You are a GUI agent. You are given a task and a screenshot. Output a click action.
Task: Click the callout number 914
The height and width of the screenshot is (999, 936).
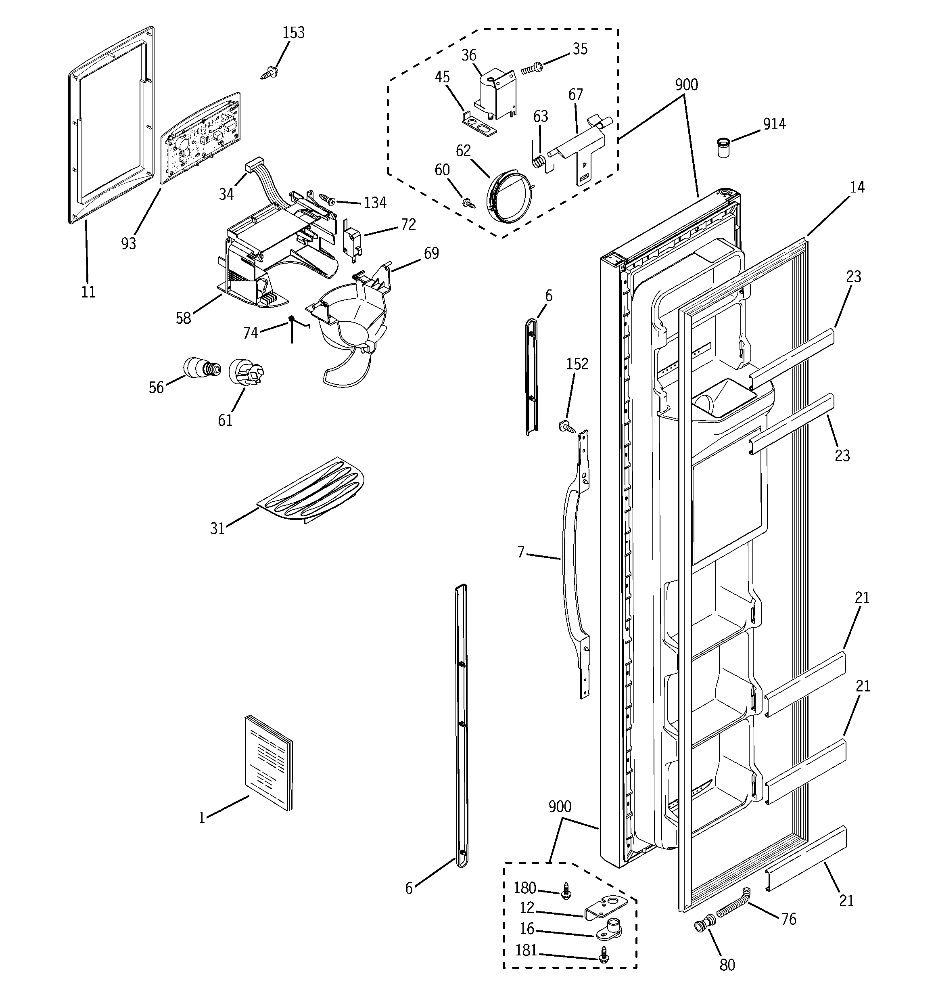click(774, 124)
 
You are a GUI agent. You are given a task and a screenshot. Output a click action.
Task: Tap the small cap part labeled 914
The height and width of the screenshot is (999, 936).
click(723, 148)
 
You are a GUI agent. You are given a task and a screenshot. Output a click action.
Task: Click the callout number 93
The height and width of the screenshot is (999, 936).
click(129, 243)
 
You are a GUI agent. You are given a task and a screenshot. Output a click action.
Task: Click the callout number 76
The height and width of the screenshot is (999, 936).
click(789, 919)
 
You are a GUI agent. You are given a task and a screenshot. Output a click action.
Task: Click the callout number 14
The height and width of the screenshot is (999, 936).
click(857, 187)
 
